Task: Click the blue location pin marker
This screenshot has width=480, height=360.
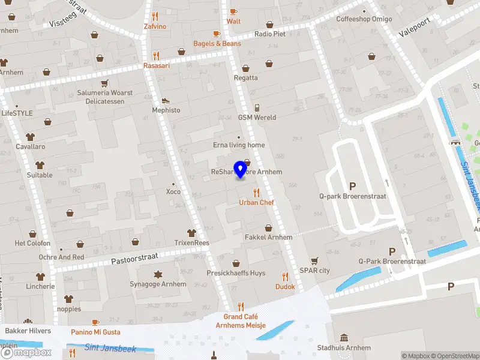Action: pyautogui.click(x=241, y=169)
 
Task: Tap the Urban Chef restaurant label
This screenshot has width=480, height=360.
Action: pyautogui.click(x=256, y=203)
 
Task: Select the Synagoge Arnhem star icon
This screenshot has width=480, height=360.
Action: pyautogui.click(x=158, y=274)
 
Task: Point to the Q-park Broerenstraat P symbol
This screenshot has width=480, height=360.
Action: pyautogui.click(x=352, y=186)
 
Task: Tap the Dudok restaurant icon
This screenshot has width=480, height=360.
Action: pyautogui.click(x=285, y=277)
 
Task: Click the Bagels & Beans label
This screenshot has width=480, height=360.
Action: pyautogui.click(x=217, y=44)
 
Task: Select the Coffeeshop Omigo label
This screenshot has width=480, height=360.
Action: pyautogui.click(x=364, y=19)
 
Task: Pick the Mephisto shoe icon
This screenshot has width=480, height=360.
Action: pyautogui.click(x=166, y=101)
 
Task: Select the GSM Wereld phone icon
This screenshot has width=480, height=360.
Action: pyautogui.click(x=257, y=108)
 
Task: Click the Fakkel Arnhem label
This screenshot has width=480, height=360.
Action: pyautogui.click(x=268, y=237)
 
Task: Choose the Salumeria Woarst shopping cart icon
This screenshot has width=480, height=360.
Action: pyautogui.click(x=105, y=83)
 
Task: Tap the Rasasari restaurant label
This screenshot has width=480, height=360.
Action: pyautogui.click(x=156, y=65)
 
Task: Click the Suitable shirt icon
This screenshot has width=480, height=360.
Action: pyautogui.click(x=40, y=166)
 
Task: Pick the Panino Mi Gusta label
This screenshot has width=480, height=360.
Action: pyautogui.click(x=95, y=332)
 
